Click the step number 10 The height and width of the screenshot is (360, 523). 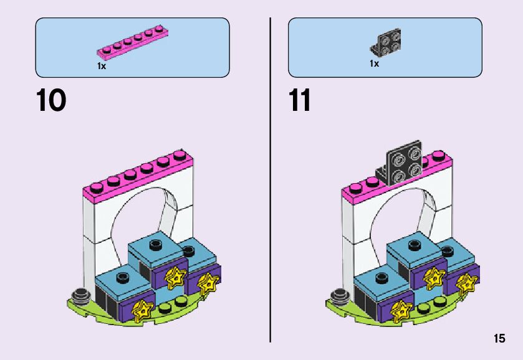[51, 100]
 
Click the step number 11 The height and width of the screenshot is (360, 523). [300, 100]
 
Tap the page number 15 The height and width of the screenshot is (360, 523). [499, 339]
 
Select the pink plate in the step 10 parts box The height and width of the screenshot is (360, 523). [132, 44]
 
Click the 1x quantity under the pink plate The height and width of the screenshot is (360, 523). [102, 65]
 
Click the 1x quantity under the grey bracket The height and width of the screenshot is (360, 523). [374, 64]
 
